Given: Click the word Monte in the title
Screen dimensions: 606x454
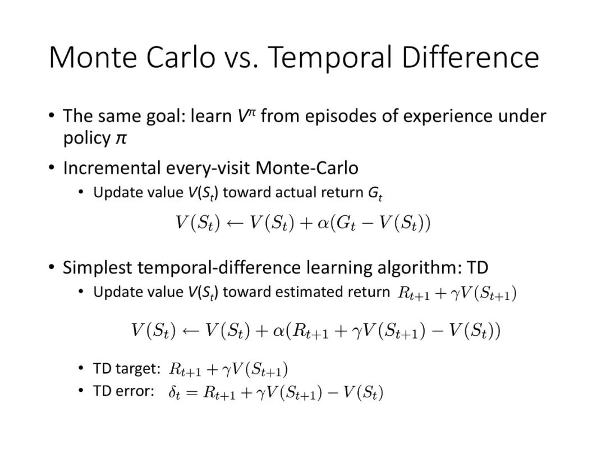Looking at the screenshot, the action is tap(93, 57).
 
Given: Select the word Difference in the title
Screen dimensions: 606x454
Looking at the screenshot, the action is tap(470, 57).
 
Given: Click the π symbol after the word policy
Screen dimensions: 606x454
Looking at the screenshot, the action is tap(121, 139).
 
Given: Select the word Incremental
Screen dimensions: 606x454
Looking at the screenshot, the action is tap(112, 168).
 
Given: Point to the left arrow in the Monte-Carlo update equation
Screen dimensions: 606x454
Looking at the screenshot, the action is tap(235, 224).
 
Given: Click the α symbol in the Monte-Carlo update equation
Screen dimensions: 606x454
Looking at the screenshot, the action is tap(323, 224).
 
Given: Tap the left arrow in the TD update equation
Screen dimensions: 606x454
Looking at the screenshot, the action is tap(191, 331).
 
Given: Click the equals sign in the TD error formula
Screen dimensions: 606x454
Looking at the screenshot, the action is tap(192, 393).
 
